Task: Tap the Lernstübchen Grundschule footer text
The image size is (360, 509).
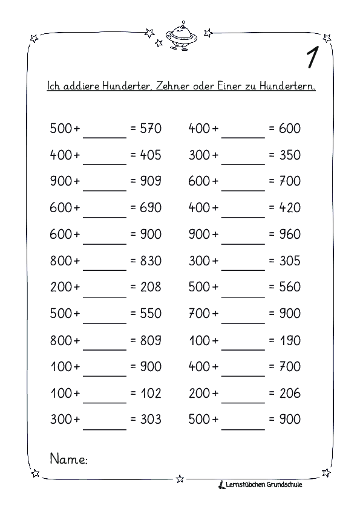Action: [x=263, y=484]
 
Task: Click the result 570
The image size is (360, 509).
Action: [x=151, y=128]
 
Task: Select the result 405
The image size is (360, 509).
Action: [x=151, y=155]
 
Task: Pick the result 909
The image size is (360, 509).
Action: [x=151, y=181]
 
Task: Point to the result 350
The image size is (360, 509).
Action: [x=290, y=155]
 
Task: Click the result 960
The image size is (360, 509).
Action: [x=290, y=234]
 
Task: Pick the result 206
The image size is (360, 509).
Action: [x=290, y=393]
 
